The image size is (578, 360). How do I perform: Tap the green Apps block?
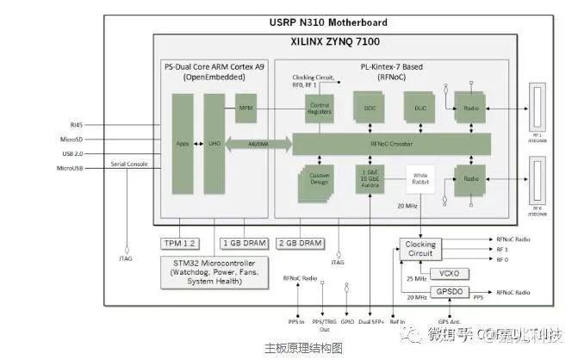(x=182, y=144)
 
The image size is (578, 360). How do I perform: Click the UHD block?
(x=214, y=144)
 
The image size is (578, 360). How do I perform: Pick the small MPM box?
(x=246, y=108)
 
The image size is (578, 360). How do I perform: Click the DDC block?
(x=370, y=108)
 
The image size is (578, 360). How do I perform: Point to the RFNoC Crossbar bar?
(x=391, y=144)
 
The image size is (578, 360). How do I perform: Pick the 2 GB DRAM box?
(x=300, y=243)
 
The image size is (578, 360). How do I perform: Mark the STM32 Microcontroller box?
(x=211, y=269)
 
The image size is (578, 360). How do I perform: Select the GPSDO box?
(x=448, y=293)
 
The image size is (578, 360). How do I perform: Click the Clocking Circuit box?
(x=420, y=249)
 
